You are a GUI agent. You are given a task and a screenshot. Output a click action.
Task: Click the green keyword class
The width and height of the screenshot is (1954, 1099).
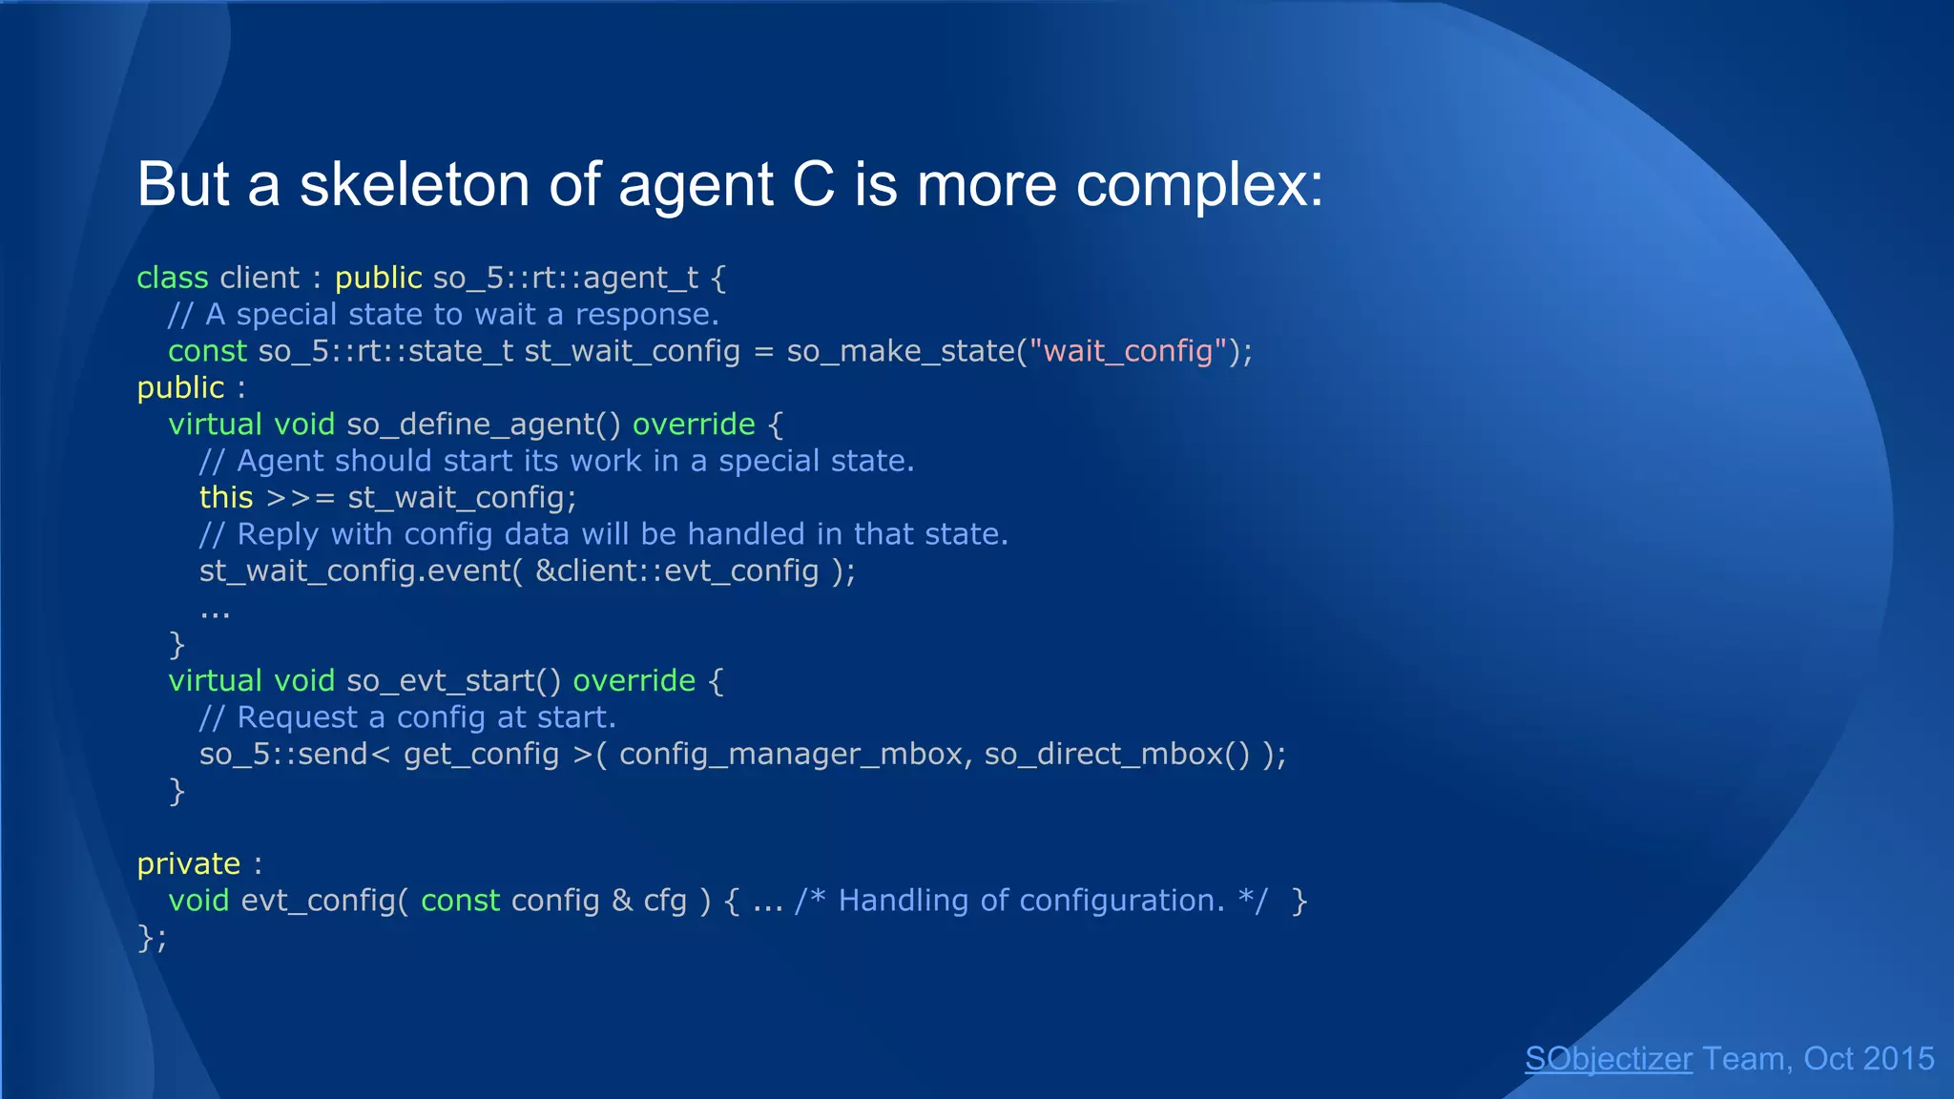click(x=172, y=278)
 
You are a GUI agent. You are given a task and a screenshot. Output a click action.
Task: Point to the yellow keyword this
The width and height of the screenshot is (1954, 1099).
click(x=226, y=497)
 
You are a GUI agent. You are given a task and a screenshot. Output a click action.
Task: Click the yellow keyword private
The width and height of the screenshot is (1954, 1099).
click(x=188, y=864)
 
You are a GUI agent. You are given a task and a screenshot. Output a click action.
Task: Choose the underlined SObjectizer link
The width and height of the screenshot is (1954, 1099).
click(x=1608, y=1059)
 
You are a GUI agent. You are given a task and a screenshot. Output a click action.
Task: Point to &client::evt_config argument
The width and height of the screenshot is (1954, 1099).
click(x=676, y=570)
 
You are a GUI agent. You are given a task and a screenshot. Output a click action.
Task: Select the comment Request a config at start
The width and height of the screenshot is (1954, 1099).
click(x=426, y=717)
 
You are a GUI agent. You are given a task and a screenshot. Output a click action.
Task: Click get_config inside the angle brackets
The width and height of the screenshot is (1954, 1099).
click(x=481, y=755)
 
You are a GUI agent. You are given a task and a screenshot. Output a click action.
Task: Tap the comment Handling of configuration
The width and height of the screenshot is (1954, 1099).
click(x=1030, y=901)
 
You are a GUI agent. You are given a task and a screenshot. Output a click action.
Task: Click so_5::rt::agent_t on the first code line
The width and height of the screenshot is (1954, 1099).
click(x=565, y=278)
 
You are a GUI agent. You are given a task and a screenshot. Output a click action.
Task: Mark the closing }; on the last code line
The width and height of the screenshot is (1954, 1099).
click(x=152, y=938)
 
